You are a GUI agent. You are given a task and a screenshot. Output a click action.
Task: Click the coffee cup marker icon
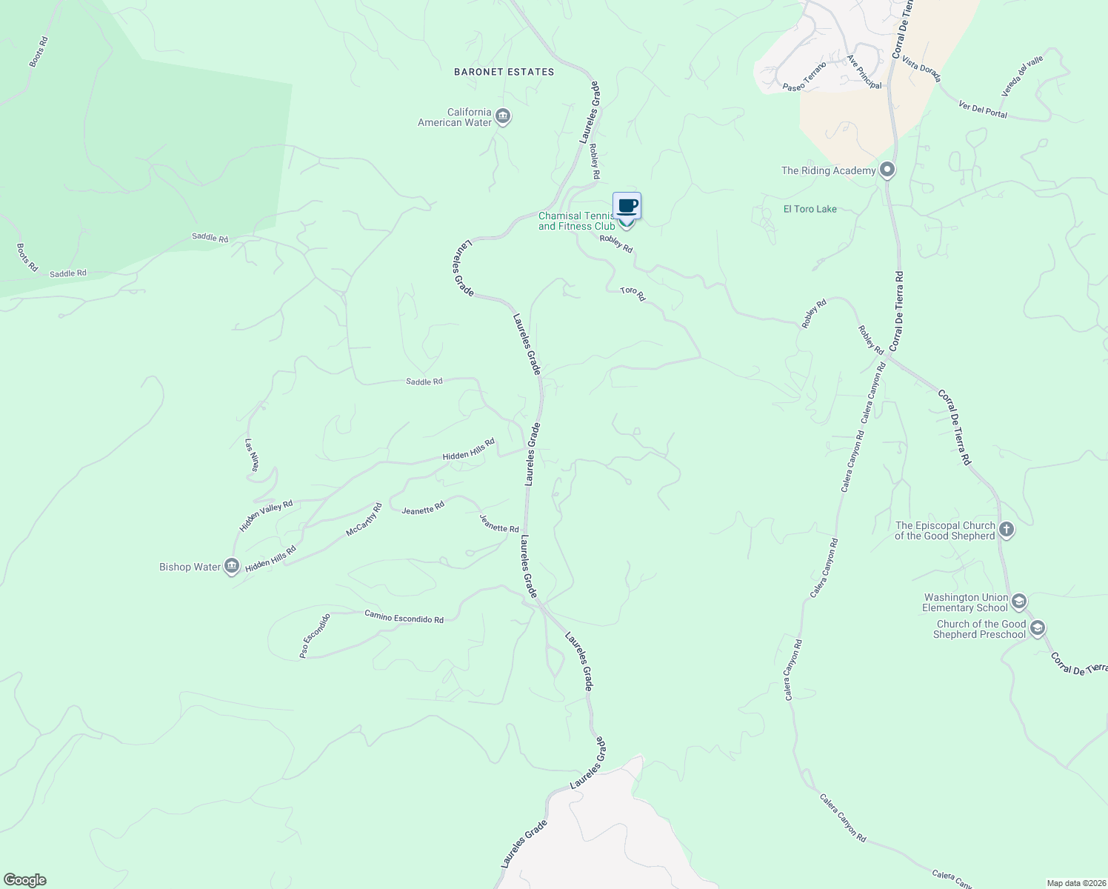click(627, 206)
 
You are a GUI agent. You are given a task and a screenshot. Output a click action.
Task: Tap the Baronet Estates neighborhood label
click(504, 72)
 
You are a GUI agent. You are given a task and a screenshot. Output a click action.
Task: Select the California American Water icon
click(503, 116)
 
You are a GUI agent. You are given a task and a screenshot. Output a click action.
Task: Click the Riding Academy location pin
click(887, 170)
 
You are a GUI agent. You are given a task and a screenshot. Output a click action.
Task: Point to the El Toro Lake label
click(810, 209)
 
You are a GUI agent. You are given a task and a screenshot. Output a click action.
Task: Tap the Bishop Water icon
click(231, 567)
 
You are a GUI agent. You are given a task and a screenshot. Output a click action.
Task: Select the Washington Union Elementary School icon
click(1018, 601)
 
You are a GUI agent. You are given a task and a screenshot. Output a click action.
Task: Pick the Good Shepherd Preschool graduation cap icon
click(1037, 628)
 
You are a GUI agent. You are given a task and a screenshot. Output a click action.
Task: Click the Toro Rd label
click(633, 294)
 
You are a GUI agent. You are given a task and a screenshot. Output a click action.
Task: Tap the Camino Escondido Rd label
click(404, 616)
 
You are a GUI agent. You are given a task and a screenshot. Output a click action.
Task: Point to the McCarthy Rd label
click(364, 520)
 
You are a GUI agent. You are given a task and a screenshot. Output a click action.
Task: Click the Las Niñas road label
click(253, 455)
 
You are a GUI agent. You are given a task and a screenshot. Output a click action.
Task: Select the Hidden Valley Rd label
click(266, 516)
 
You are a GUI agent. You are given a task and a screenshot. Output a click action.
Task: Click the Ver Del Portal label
click(983, 109)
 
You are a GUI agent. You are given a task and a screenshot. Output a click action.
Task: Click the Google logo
click(24, 880)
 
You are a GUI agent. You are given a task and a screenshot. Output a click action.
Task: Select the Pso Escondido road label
click(314, 636)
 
